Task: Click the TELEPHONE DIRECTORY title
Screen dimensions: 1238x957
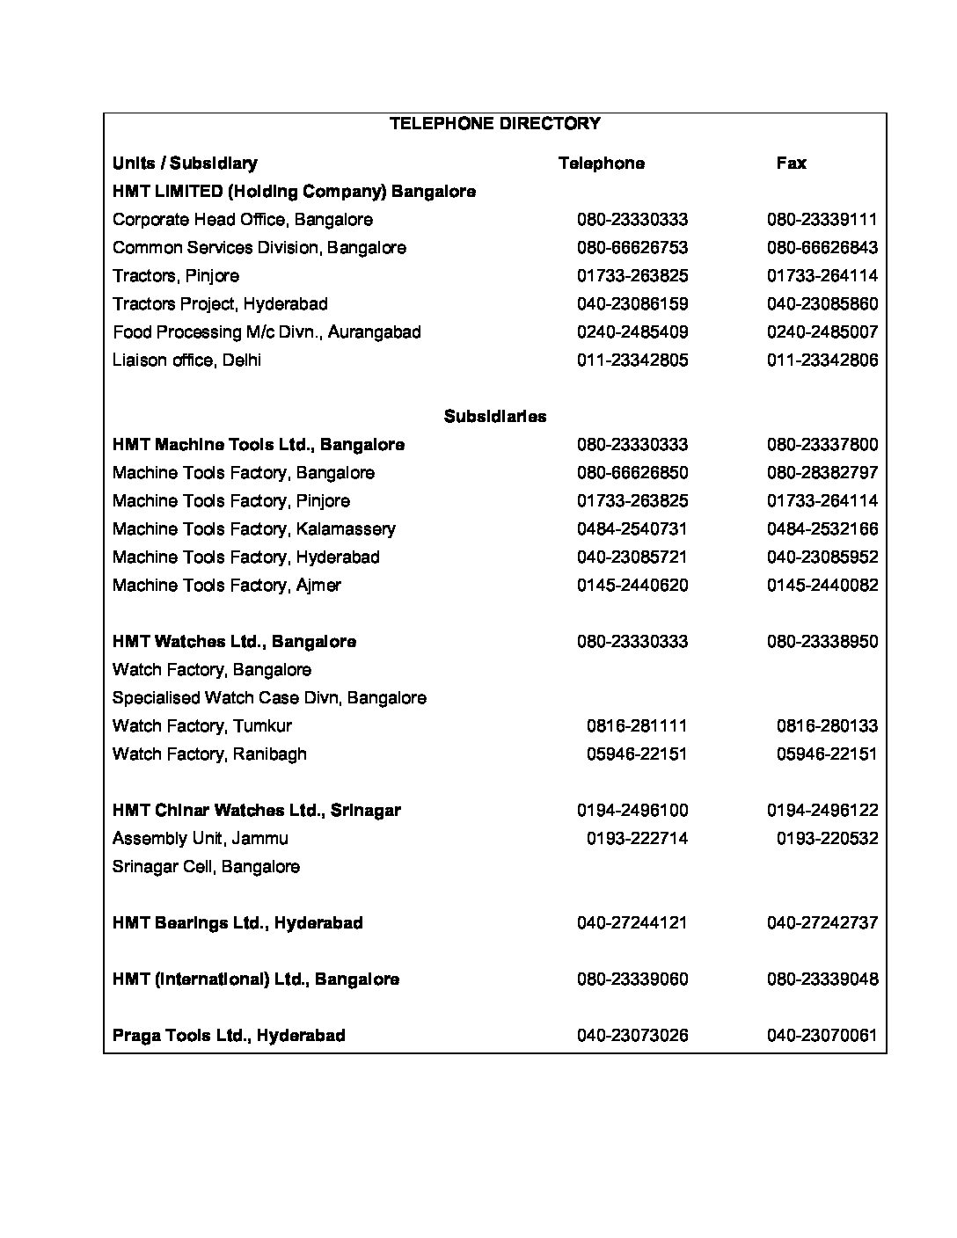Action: pos(494,124)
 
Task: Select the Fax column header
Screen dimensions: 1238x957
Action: pos(791,164)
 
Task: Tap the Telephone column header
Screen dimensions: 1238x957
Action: pos(601,164)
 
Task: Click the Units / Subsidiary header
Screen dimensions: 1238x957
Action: pos(185,164)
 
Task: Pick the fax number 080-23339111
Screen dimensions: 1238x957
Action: pos(822,220)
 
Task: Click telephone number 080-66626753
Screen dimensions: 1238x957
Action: pos(632,248)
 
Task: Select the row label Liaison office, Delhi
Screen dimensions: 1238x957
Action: pos(186,360)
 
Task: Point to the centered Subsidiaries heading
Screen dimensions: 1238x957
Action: pos(494,417)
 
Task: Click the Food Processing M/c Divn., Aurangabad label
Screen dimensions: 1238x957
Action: pos(267,332)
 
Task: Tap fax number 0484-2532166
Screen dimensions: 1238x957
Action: pos(822,529)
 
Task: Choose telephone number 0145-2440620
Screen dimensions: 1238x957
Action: pos(632,586)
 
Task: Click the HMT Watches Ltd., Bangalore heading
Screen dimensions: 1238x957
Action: pos(234,642)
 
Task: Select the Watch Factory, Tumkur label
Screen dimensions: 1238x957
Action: pos(201,726)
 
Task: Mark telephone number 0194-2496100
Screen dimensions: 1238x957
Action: pos(632,811)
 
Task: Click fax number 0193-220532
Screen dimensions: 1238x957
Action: pos(827,839)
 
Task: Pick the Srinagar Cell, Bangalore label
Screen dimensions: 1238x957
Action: pos(206,867)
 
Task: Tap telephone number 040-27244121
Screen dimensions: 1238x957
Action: pos(632,923)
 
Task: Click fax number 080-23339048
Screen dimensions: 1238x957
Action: pos(822,979)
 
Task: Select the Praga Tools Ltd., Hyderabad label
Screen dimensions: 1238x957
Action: pos(229,1036)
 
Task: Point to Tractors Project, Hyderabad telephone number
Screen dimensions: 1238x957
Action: pos(632,304)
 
